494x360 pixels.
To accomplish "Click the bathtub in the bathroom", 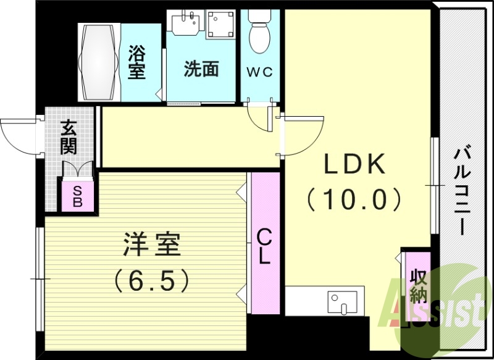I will (99, 62).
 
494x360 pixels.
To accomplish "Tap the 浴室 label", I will (137, 62).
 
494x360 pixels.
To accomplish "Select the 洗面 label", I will (201, 69).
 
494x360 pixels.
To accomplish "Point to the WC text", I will (260, 72).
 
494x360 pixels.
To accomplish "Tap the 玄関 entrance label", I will (69, 138).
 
